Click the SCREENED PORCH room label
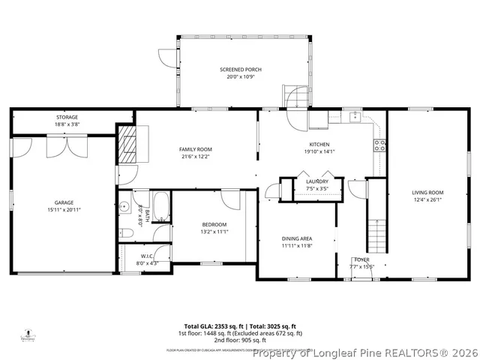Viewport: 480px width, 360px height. [x=241, y=69]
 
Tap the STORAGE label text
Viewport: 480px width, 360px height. [x=67, y=117]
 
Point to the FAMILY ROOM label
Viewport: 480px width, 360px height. [x=196, y=149]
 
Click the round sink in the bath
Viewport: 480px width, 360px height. [x=125, y=208]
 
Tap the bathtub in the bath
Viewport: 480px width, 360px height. [x=162, y=202]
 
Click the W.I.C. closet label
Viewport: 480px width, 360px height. [x=146, y=255]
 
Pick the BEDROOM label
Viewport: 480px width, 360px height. [x=214, y=224]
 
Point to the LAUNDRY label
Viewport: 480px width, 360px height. [x=316, y=181]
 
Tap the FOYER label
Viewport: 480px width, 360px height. [x=360, y=259]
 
